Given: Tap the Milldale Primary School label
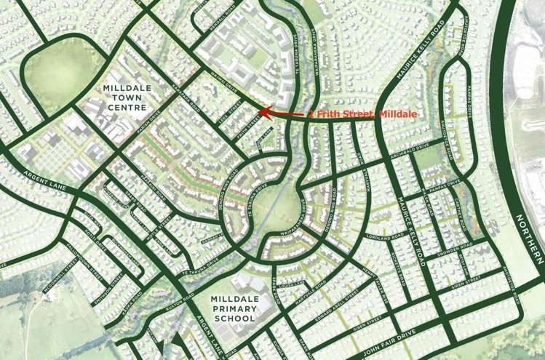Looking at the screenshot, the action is [x=234, y=307].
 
